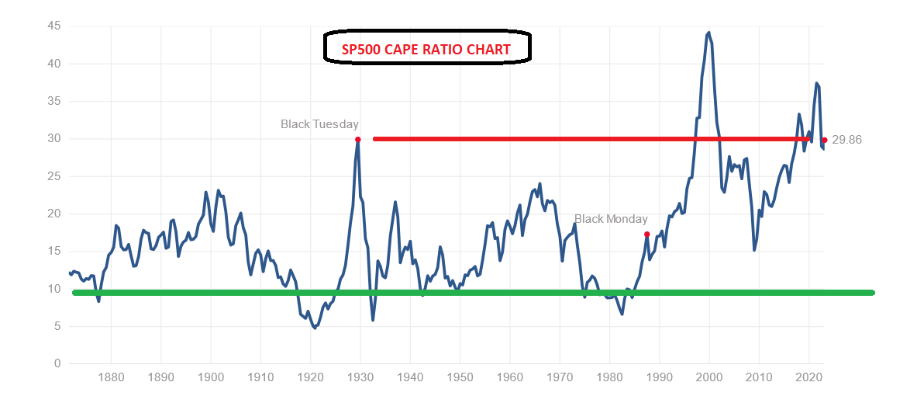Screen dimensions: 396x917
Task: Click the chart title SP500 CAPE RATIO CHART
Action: pyautogui.click(x=426, y=50)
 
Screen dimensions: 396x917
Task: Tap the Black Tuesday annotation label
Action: pyautogui.click(x=319, y=123)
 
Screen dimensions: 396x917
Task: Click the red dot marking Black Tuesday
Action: pyautogui.click(x=357, y=140)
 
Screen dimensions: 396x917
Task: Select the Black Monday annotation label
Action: pyautogui.click(x=611, y=219)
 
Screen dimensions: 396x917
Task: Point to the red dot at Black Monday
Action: pyautogui.click(x=646, y=234)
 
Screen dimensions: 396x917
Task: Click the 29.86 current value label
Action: pyautogui.click(x=846, y=140)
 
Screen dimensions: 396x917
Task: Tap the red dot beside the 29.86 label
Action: pyautogui.click(x=824, y=140)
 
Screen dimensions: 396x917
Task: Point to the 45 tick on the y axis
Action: pyautogui.click(x=53, y=26)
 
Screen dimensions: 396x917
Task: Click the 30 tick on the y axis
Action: pyautogui.click(x=53, y=139)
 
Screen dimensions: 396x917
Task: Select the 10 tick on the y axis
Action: pyautogui.click(x=53, y=289)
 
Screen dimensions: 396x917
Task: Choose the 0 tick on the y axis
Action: pyautogui.click(x=57, y=363)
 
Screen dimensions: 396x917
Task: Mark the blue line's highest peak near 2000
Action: pyautogui.click(x=708, y=33)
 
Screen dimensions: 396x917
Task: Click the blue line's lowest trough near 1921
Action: pyautogui.click(x=315, y=328)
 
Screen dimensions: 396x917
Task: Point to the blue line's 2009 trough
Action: pyautogui.click(x=754, y=249)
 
